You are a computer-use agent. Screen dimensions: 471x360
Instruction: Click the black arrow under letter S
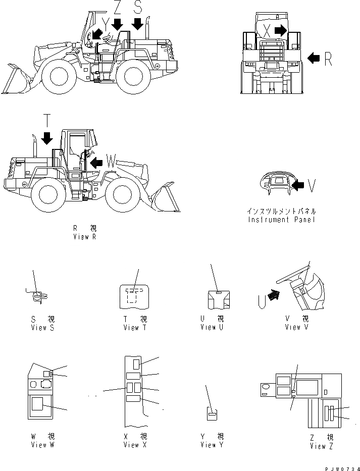(137, 23)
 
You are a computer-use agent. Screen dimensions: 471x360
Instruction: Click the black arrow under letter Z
(117, 24)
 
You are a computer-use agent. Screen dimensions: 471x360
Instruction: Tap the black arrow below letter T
(47, 137)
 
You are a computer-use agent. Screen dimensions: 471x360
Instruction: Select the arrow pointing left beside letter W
(96, 162)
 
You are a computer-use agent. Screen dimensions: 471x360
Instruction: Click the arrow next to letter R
(314, 59)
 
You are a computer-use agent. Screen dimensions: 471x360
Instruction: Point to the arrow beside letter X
(281, 31)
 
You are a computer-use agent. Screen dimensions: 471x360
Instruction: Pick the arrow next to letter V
(298, 186)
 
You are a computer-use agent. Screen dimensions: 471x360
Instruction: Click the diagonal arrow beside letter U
(273, 295)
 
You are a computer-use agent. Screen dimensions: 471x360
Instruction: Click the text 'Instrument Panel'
(282, 220)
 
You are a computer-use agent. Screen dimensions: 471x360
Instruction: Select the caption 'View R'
(84, 237)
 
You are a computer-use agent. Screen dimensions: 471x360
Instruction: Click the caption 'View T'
(135, 328)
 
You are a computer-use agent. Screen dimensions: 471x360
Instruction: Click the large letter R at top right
(328, 59)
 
